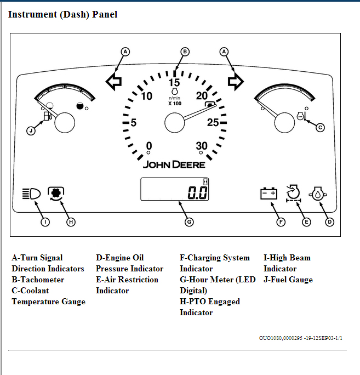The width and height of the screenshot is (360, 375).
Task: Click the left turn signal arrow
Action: tap(114, 82)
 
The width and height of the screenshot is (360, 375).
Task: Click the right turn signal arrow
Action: tap(236, 82)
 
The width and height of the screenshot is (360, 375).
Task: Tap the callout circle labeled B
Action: tap(185, 52)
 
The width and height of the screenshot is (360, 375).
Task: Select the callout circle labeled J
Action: tap(31, 130)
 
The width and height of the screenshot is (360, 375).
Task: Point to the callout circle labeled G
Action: tap(188, 222)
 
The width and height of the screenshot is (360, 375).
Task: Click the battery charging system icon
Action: tap(269, 194)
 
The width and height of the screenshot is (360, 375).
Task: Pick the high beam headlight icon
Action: tap(31, 194)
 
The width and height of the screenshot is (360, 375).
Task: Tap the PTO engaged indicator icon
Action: tap(56, 193)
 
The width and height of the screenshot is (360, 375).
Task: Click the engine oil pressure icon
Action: tap(318, 194)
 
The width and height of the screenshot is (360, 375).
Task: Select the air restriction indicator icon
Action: tap(294, 193)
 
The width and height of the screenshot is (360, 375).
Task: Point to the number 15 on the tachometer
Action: tap(174, 83)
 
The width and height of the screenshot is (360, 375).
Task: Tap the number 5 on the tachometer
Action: tap(133, 122)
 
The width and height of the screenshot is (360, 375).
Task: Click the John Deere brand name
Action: tap(174, 164)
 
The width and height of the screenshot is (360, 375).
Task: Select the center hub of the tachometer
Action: tap(174, 122)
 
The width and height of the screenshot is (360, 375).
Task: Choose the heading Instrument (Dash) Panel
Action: tap(62, 14)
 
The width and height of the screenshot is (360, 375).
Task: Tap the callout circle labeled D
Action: tap(329, 222)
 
